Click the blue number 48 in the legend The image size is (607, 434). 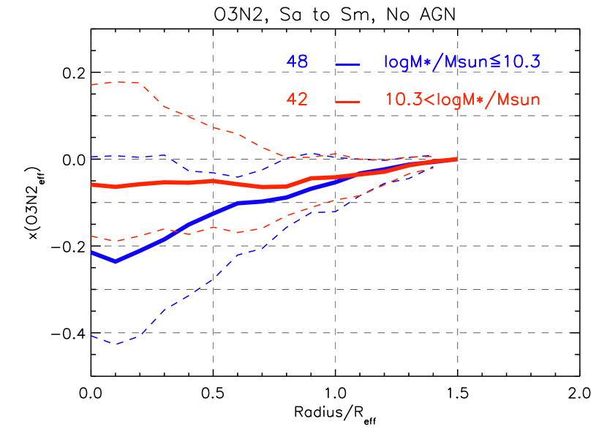(x=297, y=63)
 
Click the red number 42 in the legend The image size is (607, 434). (x=297, y=100)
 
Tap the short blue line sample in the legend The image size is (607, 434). (x=348, y=64)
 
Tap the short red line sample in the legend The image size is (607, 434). (x=348, y=102)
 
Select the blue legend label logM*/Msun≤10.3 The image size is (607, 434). (x=462, y=63)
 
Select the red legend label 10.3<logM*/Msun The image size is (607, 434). (x=463, y=100)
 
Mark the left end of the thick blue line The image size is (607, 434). (x=92, y=253)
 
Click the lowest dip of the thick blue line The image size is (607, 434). (x=115, y=261)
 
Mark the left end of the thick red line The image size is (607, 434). (x=92, y=184)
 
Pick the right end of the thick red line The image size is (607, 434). (x=456, y=159)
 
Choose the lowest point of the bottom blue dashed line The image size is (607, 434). (x=115, y=344)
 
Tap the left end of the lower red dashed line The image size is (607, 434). (x=91, y=236)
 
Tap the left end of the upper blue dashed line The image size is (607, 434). (x=91, y=157)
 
